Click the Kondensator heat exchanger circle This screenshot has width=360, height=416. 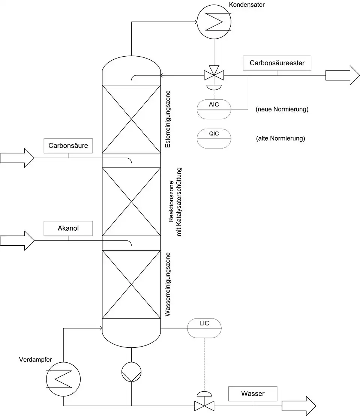pos(214,22)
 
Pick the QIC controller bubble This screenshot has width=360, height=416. pos(214,138)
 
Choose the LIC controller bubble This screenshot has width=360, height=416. pos(204,328)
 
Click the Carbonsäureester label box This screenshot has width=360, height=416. pos(277,63)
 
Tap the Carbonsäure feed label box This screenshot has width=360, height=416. pos(68,146)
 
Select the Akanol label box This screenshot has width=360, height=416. pos(68,228)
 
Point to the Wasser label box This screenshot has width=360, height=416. pos(253,394)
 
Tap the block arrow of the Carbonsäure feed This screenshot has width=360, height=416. pos(17,158)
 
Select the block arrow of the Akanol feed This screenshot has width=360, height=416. pos(17,240)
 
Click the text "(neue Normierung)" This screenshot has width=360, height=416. pos(282,110)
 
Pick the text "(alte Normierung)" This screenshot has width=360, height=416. pos(280,138)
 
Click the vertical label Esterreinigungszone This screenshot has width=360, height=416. pos(168,119)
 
